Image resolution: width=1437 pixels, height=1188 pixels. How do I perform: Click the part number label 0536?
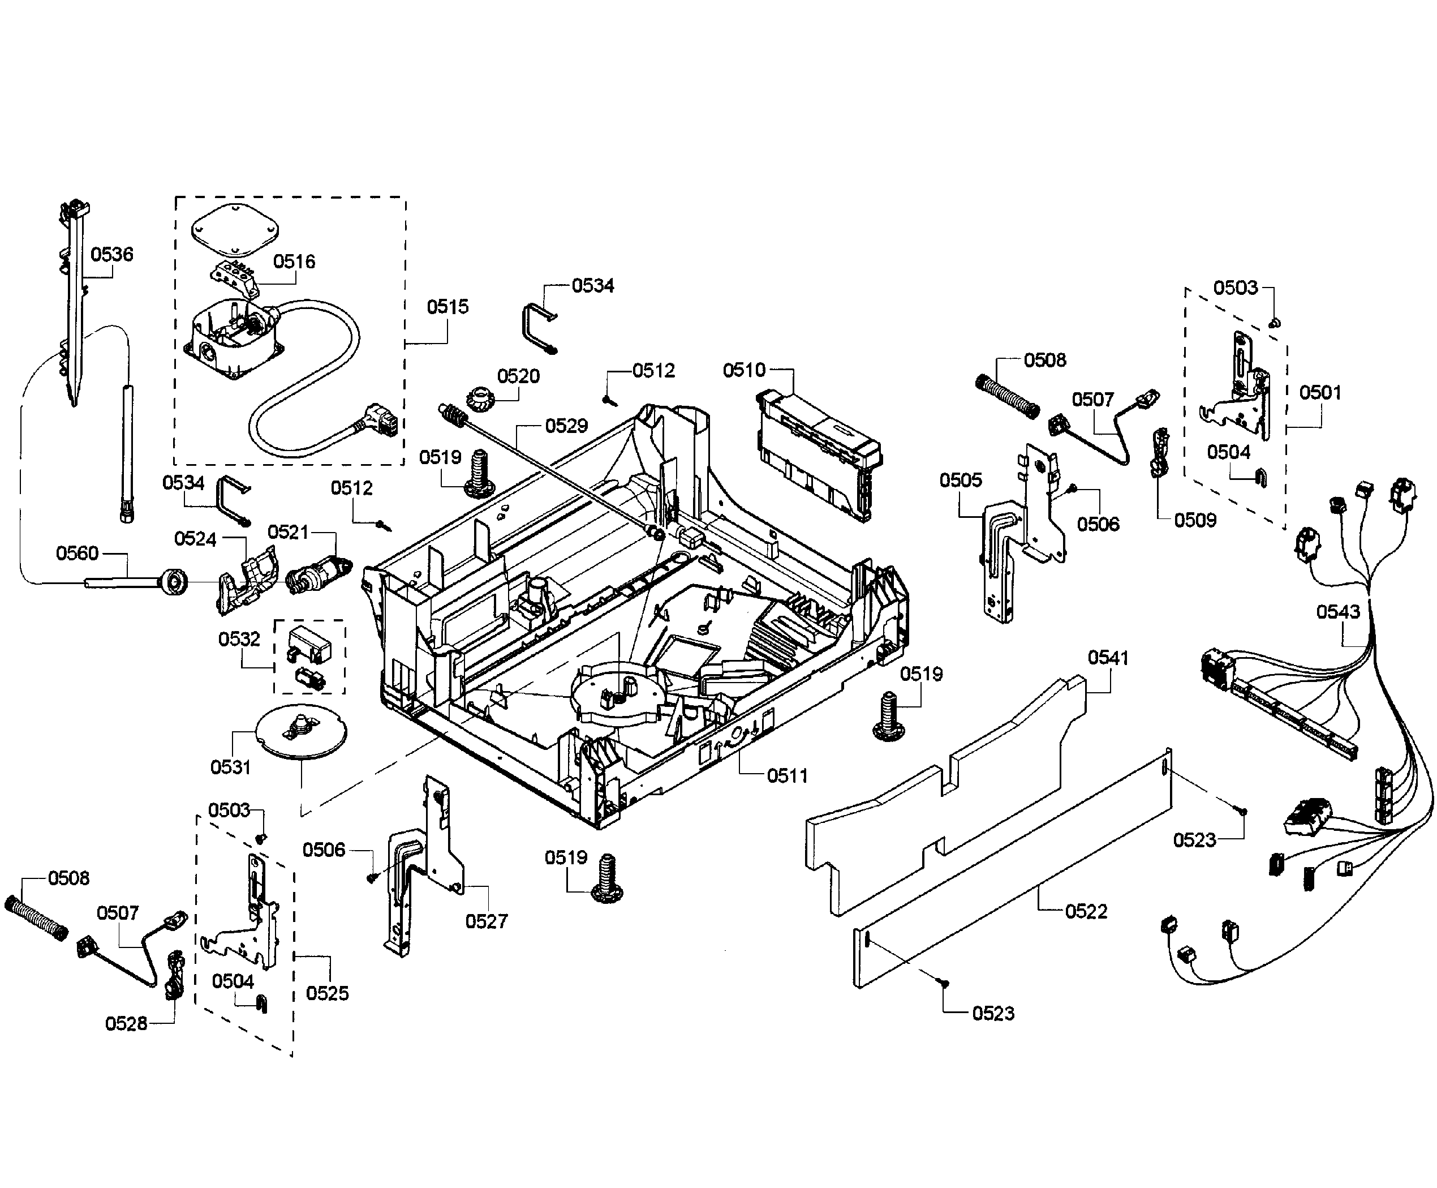point(111,255)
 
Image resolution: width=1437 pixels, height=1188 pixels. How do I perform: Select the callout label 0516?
point(294,261)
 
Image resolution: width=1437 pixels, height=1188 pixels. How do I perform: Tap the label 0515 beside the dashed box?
point(448,307)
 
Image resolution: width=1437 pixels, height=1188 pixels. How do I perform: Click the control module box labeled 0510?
point(818,452)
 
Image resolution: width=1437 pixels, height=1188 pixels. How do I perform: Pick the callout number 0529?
point(566,426)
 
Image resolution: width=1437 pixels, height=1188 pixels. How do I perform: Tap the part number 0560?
point(78,553)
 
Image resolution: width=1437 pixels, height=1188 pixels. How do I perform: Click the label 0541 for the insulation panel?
point(1108,658)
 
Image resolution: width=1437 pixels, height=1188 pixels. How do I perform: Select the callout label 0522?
point(1086,912)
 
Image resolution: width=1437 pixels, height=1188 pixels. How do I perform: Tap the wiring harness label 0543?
point(1338,612)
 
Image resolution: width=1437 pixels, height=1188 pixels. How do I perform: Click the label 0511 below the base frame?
point(787,775)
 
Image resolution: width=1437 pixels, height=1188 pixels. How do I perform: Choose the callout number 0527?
point(487,921)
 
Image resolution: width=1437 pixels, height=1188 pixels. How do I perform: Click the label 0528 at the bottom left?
point(126,1024)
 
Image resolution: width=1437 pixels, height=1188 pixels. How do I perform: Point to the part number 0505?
point(960,481)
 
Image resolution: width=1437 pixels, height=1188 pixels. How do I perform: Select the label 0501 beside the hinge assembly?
point(1320,393)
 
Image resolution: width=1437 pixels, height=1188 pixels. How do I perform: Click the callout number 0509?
point(1195,520)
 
